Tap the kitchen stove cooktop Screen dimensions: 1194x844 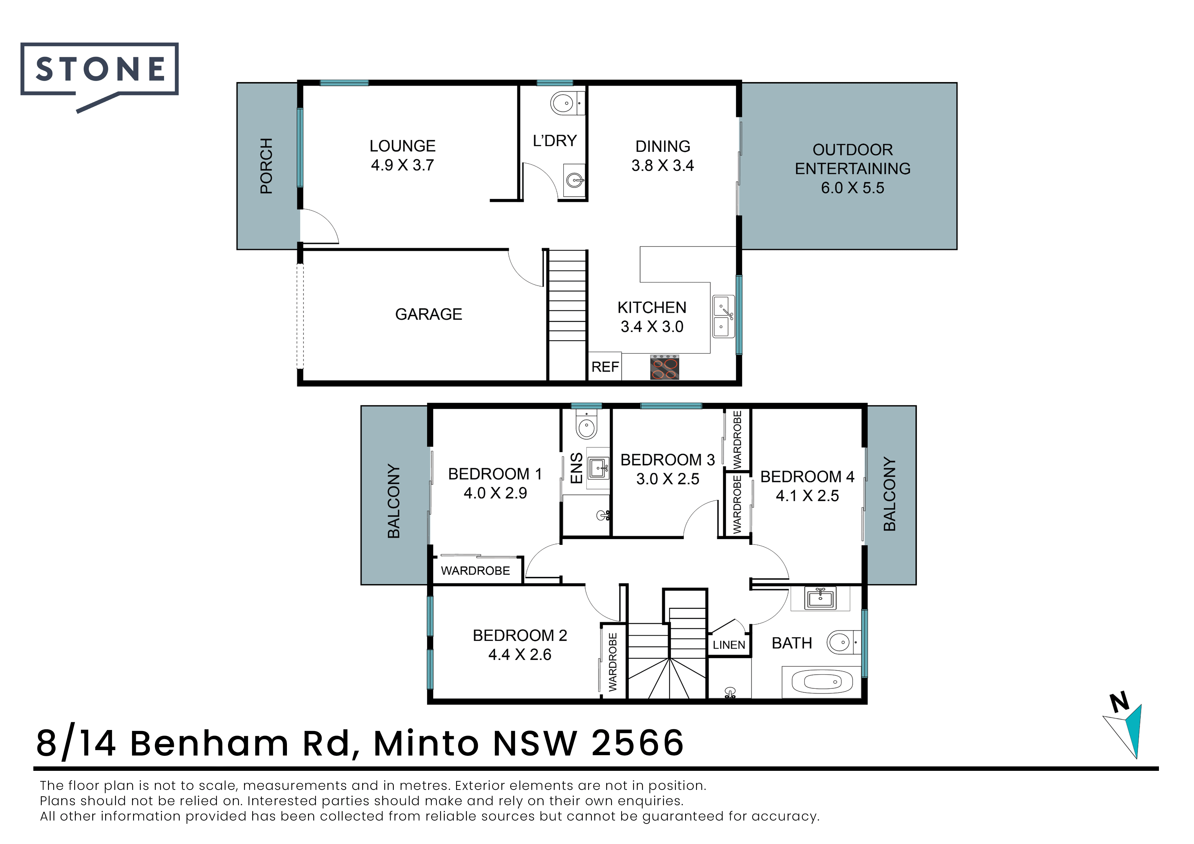[x=665, y=368]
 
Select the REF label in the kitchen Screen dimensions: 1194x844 [x=605, y=367]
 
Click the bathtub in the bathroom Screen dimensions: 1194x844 [x=822, y=681]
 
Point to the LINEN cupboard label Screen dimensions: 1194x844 [x=729, y=645]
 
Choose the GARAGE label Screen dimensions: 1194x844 [x=429, y=314]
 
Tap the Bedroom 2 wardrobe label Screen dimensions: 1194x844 [x=613, y=662]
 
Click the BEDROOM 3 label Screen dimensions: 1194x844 [x=668, y=460]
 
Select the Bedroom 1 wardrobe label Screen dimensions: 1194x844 [x=475, y=571]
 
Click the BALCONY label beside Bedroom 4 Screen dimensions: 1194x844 [x=890, y=494]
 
